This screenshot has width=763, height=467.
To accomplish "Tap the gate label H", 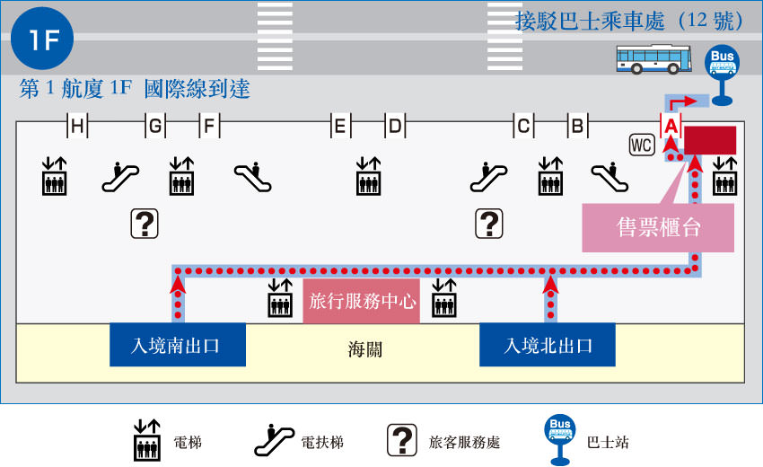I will [78, 128].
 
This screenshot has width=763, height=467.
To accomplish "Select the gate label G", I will [156, 128].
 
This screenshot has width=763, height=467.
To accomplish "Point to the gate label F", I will [208, 128].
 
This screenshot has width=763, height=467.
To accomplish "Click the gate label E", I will [340, 128].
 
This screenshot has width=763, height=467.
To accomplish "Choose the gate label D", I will [395, 128].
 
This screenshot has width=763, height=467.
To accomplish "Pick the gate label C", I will [522, 128].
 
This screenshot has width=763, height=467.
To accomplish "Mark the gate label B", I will [578, 128].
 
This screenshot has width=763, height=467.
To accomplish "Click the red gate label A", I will [671, 128].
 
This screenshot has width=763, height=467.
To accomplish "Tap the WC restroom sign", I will [642, 145].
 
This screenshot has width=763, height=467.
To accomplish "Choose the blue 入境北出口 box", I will [548, 345].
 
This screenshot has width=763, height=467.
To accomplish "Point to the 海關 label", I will [364, 349].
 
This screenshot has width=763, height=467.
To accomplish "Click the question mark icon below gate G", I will [145, 223].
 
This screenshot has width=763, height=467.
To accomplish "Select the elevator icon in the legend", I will [146, 439].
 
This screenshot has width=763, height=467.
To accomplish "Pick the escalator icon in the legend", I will [275, 439].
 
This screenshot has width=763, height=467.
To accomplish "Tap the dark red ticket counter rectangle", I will [711, 141].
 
